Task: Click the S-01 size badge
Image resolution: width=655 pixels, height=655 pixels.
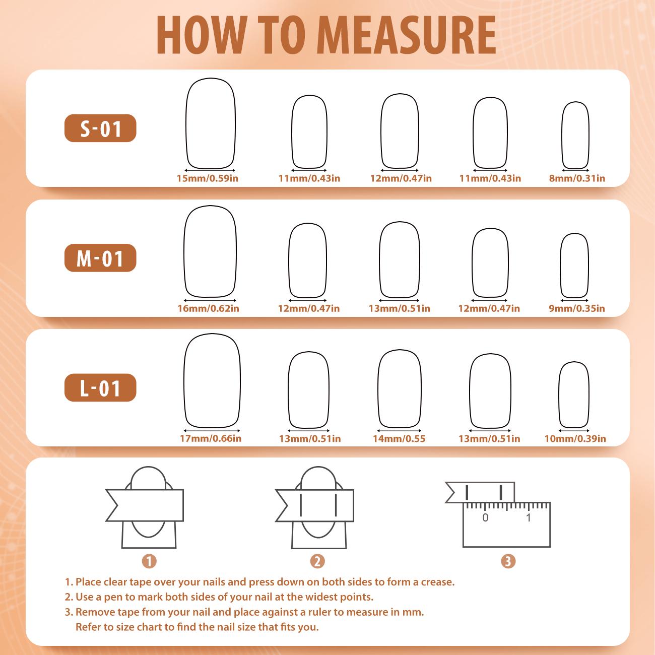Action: click(100, 128)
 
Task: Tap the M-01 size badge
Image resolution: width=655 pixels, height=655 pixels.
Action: click(100, 258)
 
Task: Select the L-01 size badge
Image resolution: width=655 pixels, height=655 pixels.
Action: click(100, 388)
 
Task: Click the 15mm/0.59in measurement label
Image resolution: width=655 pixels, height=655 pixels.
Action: click(208, 178)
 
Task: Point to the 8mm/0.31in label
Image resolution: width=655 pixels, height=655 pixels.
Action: click(577, 178)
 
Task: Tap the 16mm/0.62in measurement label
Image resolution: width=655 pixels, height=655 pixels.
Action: click(209, 308)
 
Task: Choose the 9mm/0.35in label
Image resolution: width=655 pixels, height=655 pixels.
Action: click(577, 308)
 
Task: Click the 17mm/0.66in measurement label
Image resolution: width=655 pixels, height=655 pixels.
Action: click(211, 438)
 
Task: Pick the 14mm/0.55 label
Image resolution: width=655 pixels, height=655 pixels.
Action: click(399, 438)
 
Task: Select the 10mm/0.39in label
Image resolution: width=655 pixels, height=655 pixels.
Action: click(575, 438)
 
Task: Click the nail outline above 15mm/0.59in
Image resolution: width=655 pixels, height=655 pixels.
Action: click(186, 123)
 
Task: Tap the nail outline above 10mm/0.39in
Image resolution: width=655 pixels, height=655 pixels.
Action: click(559, 395)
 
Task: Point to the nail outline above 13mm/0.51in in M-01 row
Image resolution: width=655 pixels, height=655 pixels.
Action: click(380, 259)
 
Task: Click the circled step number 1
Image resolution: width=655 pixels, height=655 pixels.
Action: click(149, 561)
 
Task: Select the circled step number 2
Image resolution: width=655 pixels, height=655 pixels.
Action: click(317, 561)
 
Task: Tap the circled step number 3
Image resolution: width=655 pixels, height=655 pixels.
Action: click(508, 561)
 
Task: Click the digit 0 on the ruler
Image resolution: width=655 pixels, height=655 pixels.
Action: click(485, 517)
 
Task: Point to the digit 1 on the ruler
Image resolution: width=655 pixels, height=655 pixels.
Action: click(529, 517)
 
